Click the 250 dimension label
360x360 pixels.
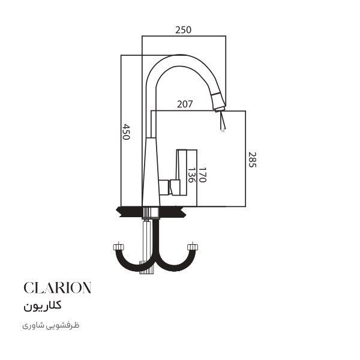tap(183, 30)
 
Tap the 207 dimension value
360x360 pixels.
tap(185, 104)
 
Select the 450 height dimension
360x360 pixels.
tap(126, 132)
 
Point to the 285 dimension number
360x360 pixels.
tap(252, 160)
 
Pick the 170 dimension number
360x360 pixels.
tap(202, 175)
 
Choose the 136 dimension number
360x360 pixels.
tap(191, 175)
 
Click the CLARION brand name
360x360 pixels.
tap(58, 287)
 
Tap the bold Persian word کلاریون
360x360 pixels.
tap(43, 306)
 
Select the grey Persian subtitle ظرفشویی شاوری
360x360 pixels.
tap(51, 326)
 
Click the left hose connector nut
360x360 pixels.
tap(119, 247)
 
